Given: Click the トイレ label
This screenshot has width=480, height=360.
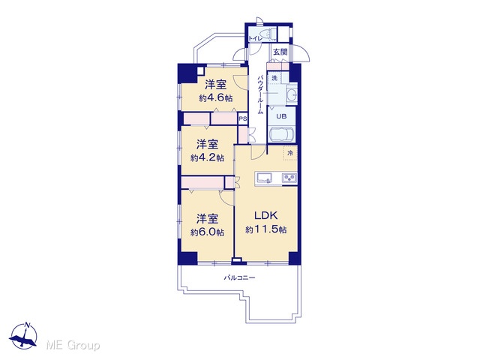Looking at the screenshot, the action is pos(255,38).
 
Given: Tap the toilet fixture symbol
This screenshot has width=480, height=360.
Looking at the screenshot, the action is pos(267,33).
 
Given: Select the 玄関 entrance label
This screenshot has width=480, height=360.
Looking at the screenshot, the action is pos(280,52).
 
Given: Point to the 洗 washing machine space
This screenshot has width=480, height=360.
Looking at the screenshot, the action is pos(274,78).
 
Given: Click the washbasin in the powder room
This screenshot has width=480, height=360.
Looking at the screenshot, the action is pos(292,95).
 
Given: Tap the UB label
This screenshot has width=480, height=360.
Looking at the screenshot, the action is pos(281,116).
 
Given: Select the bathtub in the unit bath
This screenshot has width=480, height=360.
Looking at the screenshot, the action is pos(281,134).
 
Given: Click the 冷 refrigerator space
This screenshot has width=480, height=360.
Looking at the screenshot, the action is pos(290,153).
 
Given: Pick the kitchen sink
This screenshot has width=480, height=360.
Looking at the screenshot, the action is pos(265,178).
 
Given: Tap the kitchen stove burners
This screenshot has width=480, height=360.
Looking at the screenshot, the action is pos(289,178).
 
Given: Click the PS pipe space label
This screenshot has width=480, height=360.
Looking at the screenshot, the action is pos(243,118).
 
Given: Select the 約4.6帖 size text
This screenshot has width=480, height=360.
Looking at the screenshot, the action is pos(216,98).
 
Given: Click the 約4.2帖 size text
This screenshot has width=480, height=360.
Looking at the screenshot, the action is pos(207,158).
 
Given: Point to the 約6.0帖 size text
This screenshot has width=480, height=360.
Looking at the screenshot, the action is pos(207,232).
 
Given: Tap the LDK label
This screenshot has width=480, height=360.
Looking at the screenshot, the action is pos(266,215).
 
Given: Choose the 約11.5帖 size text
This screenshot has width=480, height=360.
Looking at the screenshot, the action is pos(266,229).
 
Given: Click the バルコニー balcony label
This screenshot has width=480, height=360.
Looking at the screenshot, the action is pos(240,278).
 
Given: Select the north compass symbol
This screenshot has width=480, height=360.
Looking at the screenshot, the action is pos(23,336).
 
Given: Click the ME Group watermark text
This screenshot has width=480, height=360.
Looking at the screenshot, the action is pos(73,346).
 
